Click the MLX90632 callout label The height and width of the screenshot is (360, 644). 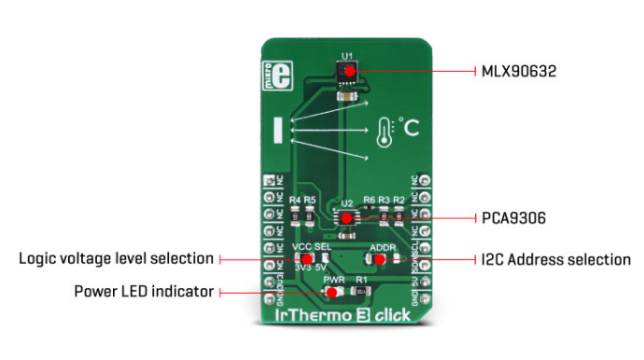519,71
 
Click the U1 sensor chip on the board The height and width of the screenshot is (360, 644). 347,72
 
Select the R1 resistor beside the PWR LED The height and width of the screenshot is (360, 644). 362,291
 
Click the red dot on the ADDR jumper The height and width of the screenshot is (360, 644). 381,257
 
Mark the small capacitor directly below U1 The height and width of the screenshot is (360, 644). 347,95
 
